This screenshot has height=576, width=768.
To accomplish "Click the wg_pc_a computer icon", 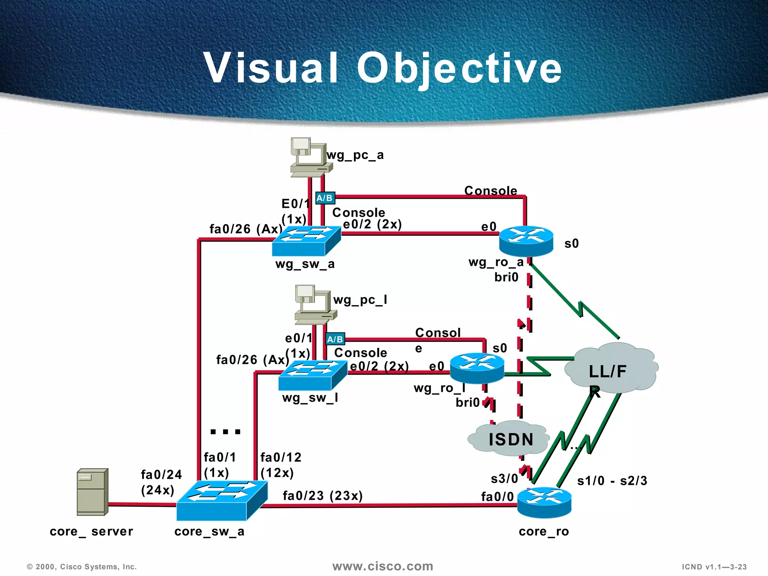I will (310, 157).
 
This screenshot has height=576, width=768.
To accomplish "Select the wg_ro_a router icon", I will (526, 240).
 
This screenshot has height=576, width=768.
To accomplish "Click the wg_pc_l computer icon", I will (315, 304).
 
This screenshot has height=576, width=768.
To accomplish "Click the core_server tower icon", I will (92, 492).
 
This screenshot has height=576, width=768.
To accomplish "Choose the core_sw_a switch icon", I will (222, 500).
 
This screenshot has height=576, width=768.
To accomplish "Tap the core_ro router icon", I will (544, 502).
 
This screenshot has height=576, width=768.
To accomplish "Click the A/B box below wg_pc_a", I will (325, 198).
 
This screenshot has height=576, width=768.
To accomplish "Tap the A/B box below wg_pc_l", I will (335, 339).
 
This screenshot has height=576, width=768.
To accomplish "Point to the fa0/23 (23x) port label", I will (322, 496).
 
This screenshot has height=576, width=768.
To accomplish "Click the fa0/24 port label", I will (161, 475).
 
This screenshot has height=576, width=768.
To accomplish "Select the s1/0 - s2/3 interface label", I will (612, 481).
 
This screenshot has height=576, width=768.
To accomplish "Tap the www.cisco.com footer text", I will (382, 566).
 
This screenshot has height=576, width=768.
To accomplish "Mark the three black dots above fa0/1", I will (225, 432).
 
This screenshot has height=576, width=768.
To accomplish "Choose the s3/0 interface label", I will (504, 479).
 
